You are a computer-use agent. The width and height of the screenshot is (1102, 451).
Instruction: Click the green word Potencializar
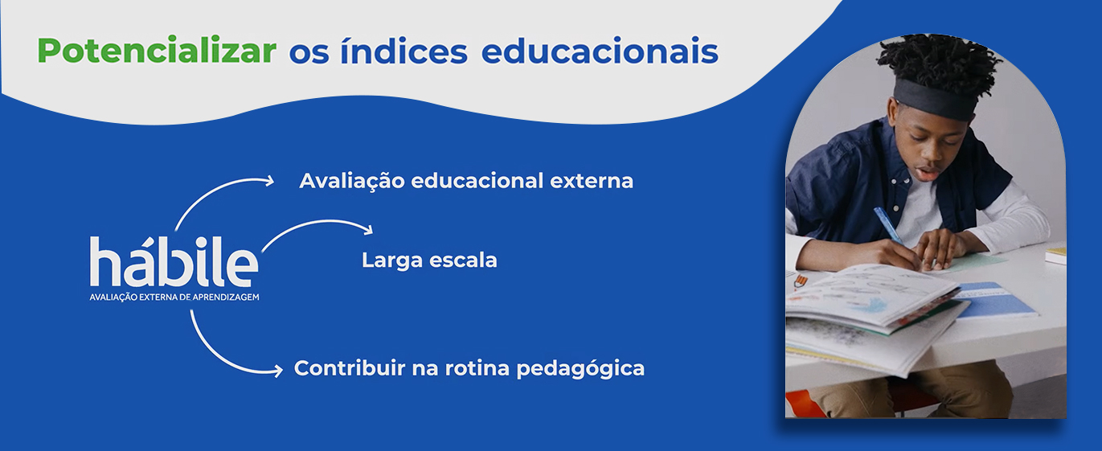157,50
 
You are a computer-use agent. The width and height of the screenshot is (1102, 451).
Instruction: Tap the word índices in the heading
404,50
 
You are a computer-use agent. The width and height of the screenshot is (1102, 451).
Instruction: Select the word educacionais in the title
600,50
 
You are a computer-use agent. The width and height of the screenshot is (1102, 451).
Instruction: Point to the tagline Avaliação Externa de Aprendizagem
174,297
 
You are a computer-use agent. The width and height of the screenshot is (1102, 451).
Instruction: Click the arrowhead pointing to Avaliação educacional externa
269,181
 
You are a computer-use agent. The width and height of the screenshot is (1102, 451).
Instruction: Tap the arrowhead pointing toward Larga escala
368,228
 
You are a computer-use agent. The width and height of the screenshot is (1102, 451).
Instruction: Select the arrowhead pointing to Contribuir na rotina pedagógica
278,370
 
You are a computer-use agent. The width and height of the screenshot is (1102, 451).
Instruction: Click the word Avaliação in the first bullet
352,181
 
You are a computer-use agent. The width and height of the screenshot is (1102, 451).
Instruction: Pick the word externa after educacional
592,181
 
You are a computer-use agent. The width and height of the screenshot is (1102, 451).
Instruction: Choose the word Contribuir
350,368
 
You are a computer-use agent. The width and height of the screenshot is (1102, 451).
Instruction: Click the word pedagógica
580,369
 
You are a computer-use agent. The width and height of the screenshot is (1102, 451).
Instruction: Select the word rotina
477,368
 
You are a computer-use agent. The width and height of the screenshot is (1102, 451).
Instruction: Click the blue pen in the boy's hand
888,225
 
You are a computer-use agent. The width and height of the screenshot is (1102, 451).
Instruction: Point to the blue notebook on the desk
993,300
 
